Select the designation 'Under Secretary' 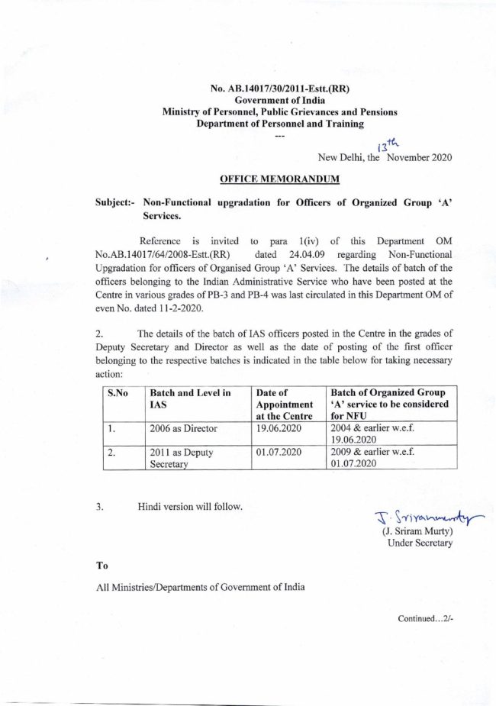tap(420, 543)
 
